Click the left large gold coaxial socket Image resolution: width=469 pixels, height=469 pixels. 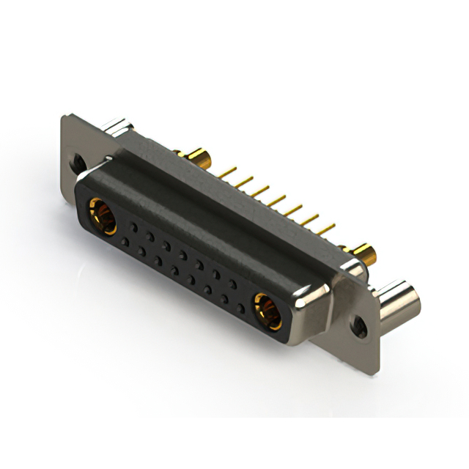click(x=102, y=215)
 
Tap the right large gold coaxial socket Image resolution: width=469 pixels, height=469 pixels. click(x=267, y=308)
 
